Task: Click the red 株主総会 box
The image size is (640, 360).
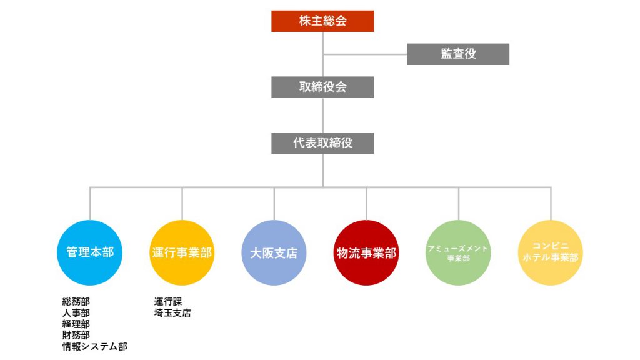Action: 322,21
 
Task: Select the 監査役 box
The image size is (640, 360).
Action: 458,54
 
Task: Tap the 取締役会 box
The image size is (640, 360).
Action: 322,87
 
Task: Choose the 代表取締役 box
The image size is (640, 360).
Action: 322,143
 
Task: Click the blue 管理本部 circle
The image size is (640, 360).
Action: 90,252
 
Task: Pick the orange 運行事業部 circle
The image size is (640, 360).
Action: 182,252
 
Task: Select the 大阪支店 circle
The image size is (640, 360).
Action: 274,252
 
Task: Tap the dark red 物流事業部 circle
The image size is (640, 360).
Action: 366,252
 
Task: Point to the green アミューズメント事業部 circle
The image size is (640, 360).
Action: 458,252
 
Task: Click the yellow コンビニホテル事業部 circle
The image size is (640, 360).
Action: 551,252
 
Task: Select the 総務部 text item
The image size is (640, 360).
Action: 76,302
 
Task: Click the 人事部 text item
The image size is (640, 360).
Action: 76,313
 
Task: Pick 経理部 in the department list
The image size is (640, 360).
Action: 76,324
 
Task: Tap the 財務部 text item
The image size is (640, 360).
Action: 76,335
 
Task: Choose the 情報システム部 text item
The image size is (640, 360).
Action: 95,346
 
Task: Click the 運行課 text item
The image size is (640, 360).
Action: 168,302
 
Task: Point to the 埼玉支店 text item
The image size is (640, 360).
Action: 172,313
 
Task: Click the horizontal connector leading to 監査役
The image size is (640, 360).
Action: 365,54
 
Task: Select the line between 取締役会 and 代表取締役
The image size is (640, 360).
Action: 323,115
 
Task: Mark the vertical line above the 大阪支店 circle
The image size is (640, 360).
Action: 274,204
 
